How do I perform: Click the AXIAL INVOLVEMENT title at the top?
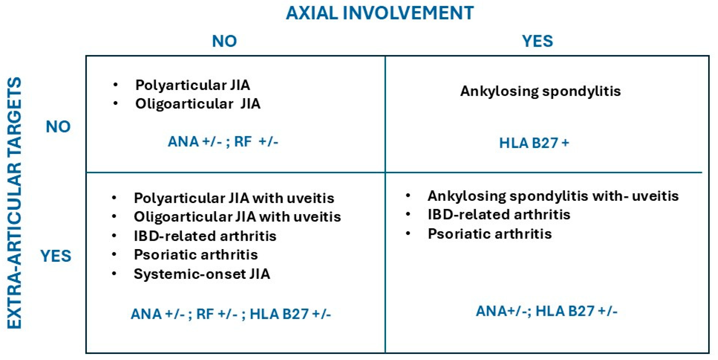(x=380, y=13)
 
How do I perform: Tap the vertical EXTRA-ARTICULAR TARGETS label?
(x=14, y=203)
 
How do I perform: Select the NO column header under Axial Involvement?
(x=224, y=41)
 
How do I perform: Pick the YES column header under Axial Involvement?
(x=537, y=41)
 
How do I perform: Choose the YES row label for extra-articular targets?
(x=56, y=256)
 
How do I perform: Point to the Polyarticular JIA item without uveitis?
(x=193, y=85)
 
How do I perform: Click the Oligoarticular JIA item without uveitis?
(x=198, y=104)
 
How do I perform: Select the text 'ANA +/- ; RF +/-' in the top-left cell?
(x=223, y=142)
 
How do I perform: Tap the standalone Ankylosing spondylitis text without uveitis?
(x=540, y=91)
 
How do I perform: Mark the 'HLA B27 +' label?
(x=534, y=143)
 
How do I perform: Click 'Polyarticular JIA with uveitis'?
(x=234, y=198)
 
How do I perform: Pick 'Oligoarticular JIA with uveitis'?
(x=238, y=217)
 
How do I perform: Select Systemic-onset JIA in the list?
(x=202, y=274)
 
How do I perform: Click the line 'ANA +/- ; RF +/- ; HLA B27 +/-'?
(x=231, y=314)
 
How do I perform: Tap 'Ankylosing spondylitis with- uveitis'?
(x=553, y=196)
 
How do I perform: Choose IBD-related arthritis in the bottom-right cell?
(x=499, y=215)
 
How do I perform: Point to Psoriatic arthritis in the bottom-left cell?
(x=196, y=255)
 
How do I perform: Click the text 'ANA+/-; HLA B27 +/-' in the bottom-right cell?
(x=546, y=311)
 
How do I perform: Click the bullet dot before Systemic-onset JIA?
(x=114, y=273)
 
